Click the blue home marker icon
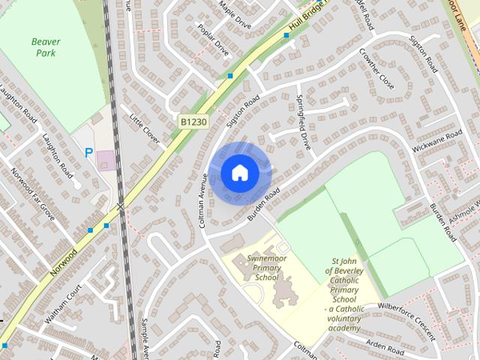point(239,173)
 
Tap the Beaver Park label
point(46,47)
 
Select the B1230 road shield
point(193,121)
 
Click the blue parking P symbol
point(88,153)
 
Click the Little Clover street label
point(145,129)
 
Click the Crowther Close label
point(376,69)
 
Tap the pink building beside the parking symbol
point(106,160)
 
